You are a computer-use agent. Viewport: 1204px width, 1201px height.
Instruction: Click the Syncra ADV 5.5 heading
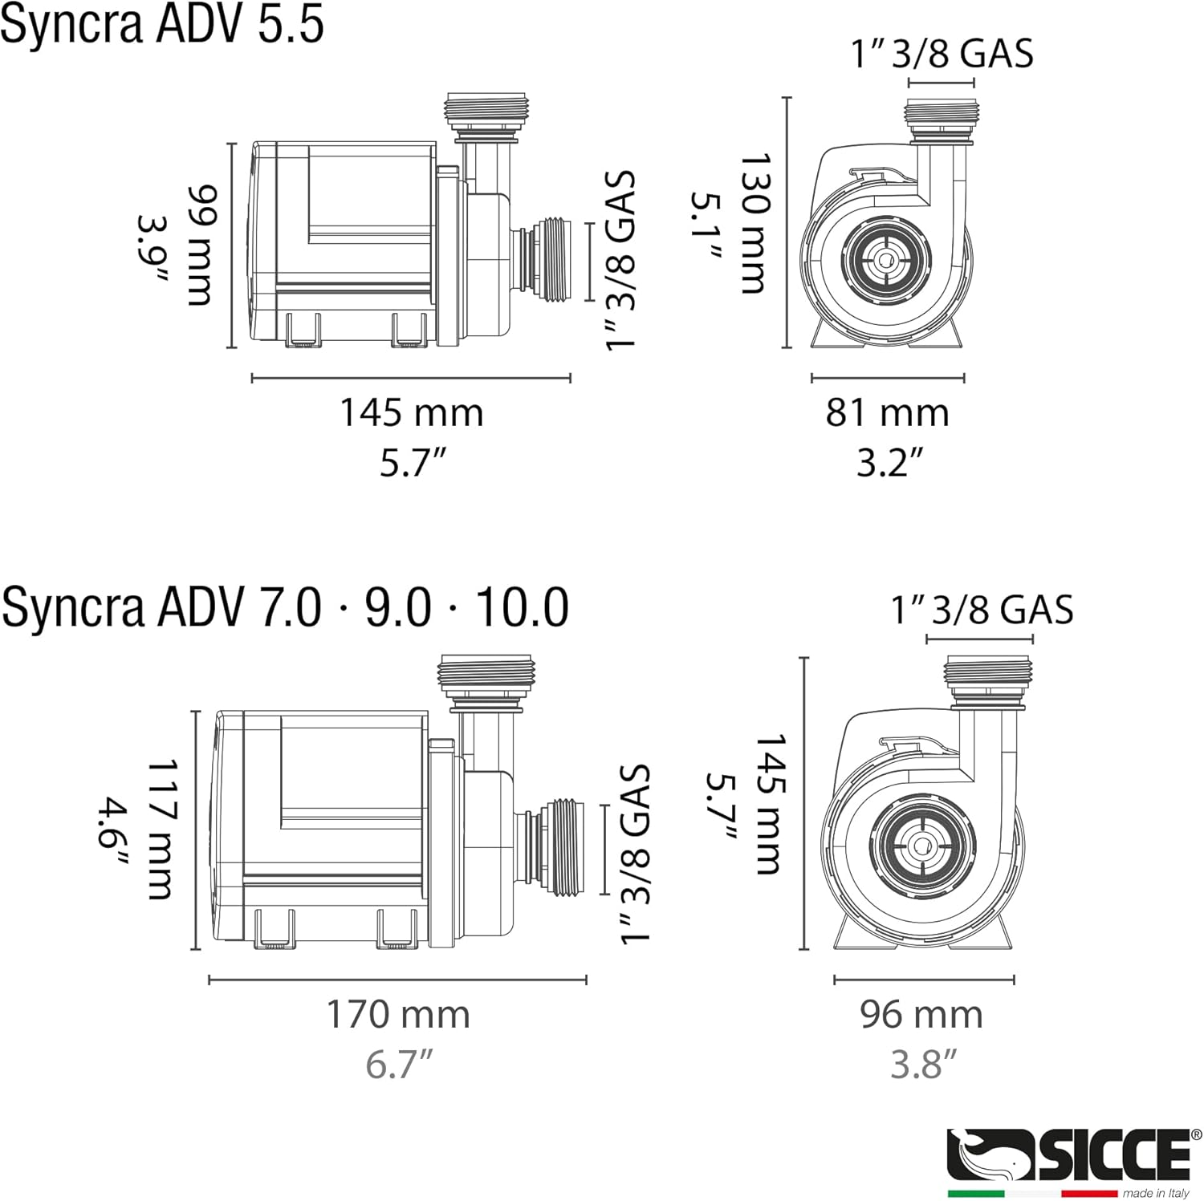pyautogui.click(x=162, y=24)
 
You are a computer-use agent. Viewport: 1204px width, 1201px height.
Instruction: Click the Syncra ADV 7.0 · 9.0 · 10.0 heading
pyautogui.click(x=285, y=607)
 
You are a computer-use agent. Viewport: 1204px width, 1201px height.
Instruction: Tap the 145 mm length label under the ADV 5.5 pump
pyautogui.click(x=412, y=413)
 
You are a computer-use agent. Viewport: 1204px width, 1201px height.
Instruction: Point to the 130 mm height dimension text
pyautogui.click(x=754, y=223)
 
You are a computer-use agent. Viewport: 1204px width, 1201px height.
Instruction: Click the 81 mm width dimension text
pyautogui.click(x=888, y=413)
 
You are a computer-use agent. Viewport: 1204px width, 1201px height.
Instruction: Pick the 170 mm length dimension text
pyautogui.click(x=398, y=1015)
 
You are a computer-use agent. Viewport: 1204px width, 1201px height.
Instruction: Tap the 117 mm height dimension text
pyautogui.click(x=161, y=830)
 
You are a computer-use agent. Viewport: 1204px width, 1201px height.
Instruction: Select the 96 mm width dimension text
pyautogui.click(x=921, y=1015)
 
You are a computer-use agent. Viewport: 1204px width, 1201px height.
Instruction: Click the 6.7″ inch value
pyautogui.click(x=399, y=1065)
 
